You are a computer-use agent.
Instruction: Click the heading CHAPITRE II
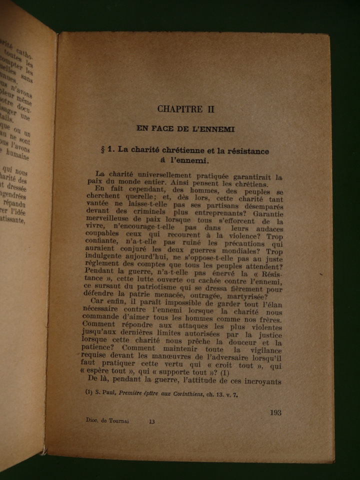pos(185,109)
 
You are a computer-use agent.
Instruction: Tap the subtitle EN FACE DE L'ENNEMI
pos(185,128)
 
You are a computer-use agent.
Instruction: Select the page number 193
pos(275,412)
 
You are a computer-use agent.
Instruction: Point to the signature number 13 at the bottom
pos(151,421)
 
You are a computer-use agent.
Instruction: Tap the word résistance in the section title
pos(241,151)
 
